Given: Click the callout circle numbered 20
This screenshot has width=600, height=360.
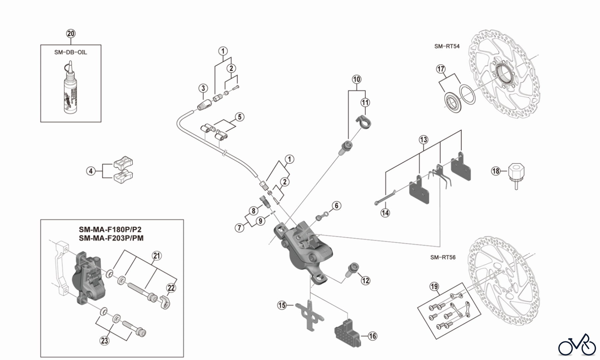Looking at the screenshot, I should click(x=71, y=34).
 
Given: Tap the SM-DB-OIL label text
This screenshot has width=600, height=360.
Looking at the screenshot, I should click(x=71, y=52).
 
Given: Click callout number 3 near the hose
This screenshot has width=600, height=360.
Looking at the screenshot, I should click(x=203, y=88).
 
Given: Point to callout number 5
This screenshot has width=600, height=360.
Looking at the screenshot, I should click(x=239, y=117).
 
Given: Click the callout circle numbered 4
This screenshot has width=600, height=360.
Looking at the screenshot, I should click(x=91, y=171).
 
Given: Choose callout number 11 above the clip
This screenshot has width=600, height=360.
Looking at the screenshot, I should click(x=365, y=102).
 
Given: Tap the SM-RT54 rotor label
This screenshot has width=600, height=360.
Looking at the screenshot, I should click(x=447, y=46).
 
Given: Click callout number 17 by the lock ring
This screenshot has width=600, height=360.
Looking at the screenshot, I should click(x=441, y=69).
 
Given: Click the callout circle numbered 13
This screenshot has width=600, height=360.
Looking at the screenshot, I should click(x=423, y=139).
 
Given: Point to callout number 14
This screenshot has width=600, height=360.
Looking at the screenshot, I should click(x=385, y=213).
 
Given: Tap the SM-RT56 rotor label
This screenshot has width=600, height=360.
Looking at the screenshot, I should click(x=443, y=257).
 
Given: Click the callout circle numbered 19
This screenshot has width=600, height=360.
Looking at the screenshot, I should click(x=434, y=287).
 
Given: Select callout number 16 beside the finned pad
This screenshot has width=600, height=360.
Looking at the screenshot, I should click(x=372, y=336).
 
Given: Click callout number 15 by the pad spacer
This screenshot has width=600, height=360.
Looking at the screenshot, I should click(x=282, y=305).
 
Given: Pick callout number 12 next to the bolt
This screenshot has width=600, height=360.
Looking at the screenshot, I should click(x=366, y=280).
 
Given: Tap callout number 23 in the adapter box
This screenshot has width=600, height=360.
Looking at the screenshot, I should click(x=104, y=340).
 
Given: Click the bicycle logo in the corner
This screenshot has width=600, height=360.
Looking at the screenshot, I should click(x=577, y=345).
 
